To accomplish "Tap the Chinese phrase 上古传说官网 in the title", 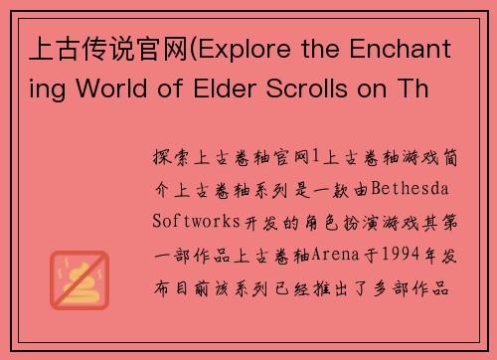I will point(108,47).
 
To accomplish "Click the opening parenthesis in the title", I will point(205,47).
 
